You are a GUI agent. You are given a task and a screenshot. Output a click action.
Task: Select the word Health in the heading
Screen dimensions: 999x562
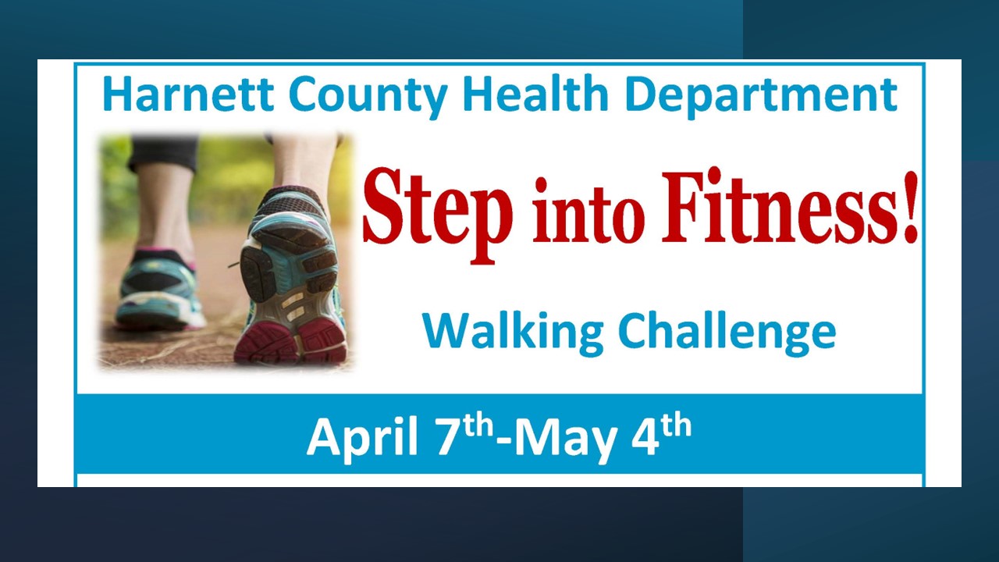(535, 94)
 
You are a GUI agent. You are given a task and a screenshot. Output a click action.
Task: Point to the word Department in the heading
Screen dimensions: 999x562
(761, 98)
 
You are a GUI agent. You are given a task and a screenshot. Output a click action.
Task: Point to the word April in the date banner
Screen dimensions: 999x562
(361, 437)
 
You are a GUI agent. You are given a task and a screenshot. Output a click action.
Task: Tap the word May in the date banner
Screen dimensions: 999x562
(564, 439)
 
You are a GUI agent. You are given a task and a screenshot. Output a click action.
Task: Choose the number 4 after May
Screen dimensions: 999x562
(645, 436)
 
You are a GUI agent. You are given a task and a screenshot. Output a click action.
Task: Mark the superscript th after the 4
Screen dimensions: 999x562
(676, 426)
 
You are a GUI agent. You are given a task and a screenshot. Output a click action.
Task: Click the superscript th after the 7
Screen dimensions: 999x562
(476, 426)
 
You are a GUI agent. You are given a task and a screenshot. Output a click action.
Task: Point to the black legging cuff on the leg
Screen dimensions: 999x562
(163, 154)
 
